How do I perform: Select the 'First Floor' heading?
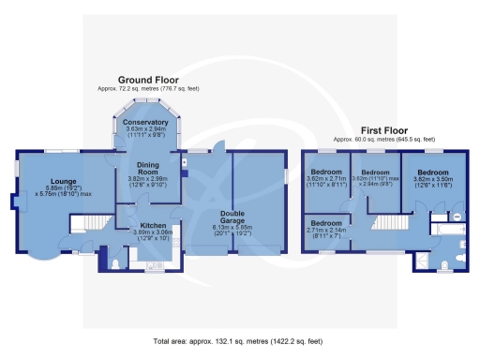(382, 130)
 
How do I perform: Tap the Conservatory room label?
(145, 123)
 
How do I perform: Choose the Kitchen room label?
(153, 226)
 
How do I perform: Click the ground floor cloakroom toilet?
(114, 263)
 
